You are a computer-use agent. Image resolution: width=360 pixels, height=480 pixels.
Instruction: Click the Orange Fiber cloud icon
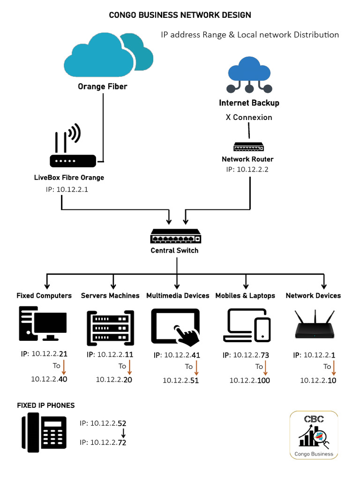[x=108, y=56]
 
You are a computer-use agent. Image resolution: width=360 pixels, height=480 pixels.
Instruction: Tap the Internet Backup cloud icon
[x=249, y=75]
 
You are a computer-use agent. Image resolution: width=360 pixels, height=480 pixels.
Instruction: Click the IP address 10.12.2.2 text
[x=247, y=169]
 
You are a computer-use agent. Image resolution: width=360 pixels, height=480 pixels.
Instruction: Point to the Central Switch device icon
[x=176, y=236]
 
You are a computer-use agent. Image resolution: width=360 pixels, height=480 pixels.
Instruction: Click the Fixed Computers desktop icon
[x=43, y=324]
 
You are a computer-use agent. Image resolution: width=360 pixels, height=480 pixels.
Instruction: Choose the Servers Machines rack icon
[x=110, y=327]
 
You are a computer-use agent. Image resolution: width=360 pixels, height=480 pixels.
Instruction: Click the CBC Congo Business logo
[x=314, y=435]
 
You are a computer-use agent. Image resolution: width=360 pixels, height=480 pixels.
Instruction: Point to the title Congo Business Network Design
[x=180, y=15]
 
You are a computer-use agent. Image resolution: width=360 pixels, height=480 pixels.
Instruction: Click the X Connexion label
[x=249, y=117]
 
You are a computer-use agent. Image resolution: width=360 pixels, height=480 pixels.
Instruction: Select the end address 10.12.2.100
[x=249, y=380]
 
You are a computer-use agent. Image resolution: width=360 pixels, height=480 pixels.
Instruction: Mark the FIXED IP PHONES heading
[x=46, y=405]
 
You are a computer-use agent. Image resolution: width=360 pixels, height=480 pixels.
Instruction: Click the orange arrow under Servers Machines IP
[x=129, y=366]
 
